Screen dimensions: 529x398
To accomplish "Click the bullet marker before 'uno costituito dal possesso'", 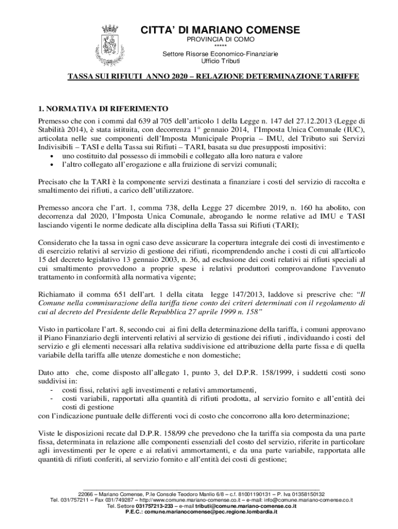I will pyautogui.click(x=52, y=155).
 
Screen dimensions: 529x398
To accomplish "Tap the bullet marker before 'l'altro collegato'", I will pyautogui.click(x=52, y=164).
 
